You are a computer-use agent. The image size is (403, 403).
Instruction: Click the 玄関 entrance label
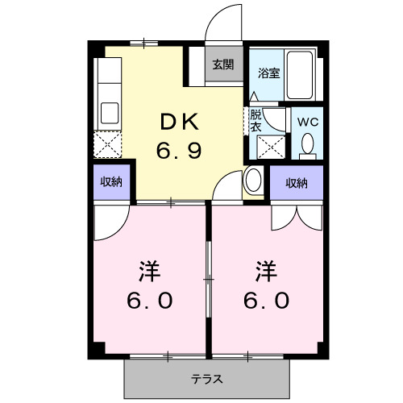[x=223, y=65]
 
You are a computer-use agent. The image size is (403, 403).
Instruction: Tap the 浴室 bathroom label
[x=268, y=73]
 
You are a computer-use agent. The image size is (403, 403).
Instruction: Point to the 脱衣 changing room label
[x=256, y=121]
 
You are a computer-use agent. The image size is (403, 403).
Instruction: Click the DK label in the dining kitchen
[x=179, y=123]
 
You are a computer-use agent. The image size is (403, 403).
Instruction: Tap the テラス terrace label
[x=207, y=378]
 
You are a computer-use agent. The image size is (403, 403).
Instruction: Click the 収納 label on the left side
[x=111, y=182]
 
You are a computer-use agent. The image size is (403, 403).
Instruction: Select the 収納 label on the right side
[x=296, y=183]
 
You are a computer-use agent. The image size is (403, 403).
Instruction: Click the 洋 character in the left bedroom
[x=149, y=269]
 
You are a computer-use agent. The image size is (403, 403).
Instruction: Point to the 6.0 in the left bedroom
[x=149, y=301]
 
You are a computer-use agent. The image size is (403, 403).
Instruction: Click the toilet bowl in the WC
[x=307, y=144]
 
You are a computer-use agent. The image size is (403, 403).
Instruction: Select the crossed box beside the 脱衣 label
[x=269, y=148]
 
